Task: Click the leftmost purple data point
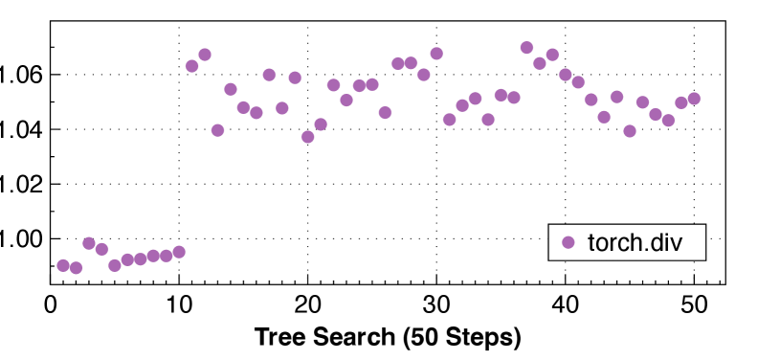63,265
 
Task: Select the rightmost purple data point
694,99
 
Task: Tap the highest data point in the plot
526,47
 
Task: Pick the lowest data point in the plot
77,268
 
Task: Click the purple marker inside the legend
568,242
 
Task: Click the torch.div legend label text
635,242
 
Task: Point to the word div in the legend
666,242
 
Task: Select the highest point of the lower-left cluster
89,243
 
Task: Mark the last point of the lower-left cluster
179,252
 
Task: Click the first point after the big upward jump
192,66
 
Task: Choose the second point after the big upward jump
205,55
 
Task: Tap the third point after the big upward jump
218,130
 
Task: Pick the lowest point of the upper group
308,137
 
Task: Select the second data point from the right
680,102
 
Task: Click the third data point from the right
668,121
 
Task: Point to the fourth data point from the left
102,249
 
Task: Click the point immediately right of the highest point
540,63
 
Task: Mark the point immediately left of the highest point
514,98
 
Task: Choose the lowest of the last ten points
630,131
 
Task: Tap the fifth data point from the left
115,265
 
